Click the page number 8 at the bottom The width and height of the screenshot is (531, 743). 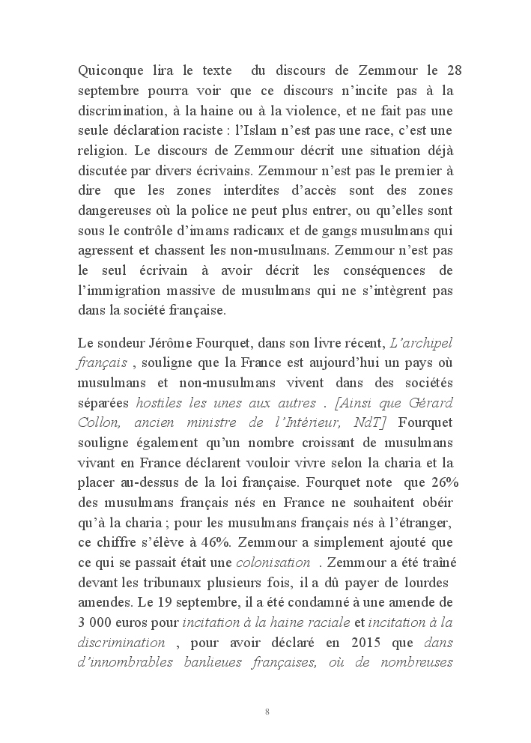coord(267,712)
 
